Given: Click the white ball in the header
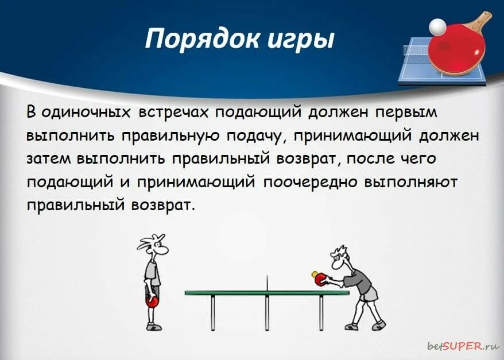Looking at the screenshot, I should tap(437, 26).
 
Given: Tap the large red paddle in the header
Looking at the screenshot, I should tap(457, 52).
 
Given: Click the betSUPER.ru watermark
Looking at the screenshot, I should tap(463, 346).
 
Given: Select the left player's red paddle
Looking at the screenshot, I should tap(152, 301).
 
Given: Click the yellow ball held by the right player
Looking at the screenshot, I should tap(315, 274).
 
